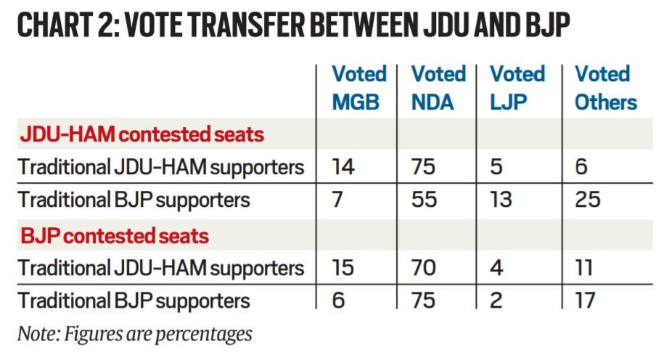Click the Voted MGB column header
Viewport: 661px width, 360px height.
tap(358, 88)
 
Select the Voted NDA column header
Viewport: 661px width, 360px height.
tap(438, 88)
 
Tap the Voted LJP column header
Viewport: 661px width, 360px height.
tap(517, 88)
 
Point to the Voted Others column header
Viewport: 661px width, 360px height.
tap(606, 88)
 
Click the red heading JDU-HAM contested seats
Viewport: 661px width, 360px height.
tap(141, 134)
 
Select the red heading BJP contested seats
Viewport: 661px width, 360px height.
tap(114, 235)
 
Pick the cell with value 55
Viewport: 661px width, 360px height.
tap(424, 199)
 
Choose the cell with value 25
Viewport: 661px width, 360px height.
tap(588, 199)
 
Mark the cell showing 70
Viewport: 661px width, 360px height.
tap(424, 268)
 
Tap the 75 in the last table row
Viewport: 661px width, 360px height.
tap(424, 300)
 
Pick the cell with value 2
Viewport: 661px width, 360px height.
tap(497, 300)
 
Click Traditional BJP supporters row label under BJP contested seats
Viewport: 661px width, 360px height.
tap(134, 300)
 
